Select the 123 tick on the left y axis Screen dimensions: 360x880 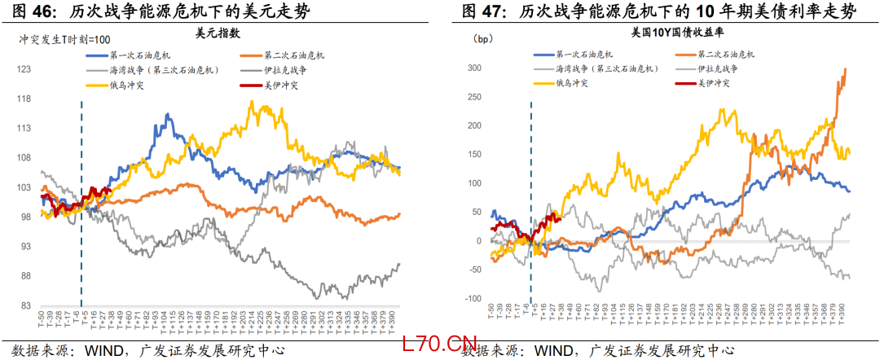point(24,70)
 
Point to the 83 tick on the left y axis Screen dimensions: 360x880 point(24,305)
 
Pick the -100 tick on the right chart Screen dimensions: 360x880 point(473,299)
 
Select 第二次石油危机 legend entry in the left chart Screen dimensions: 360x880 point(294,55)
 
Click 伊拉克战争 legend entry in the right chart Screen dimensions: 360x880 point(718,69)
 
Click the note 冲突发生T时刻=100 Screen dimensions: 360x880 point(64,39)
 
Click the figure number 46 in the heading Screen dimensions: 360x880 point(42,11)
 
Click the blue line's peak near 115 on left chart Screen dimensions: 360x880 point(167,115)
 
